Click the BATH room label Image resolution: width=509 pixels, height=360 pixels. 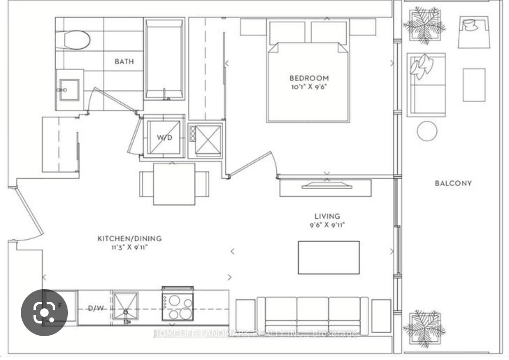(x=124, y=61)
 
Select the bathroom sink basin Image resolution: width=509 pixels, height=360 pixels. (x=68, y=90)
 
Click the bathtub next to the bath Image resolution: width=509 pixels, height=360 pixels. (x=164, y=59)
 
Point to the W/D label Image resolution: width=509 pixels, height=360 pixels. (x=164, y=137)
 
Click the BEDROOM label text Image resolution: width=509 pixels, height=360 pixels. (x=309, y=78)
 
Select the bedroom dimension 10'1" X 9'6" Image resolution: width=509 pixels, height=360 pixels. (x=308, y=87)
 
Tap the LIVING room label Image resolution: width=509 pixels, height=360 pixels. (x=327, y=216)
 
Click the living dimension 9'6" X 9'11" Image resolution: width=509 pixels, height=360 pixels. (x=327, y=225)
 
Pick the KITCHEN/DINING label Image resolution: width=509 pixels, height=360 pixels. (x=130, y=238)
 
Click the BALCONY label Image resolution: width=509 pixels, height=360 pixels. (x=453, y=183)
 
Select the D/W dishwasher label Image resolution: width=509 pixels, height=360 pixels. (x=96, y=308)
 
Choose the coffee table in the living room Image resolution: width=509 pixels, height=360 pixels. (x=328, y=257)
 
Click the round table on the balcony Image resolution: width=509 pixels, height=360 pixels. (x=427, y=131)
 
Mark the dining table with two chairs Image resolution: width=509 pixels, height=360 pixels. (x=174, y=184)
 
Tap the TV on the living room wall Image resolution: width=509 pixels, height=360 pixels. (x=327, y=186)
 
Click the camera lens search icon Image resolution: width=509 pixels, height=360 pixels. (x=44, y=313)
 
